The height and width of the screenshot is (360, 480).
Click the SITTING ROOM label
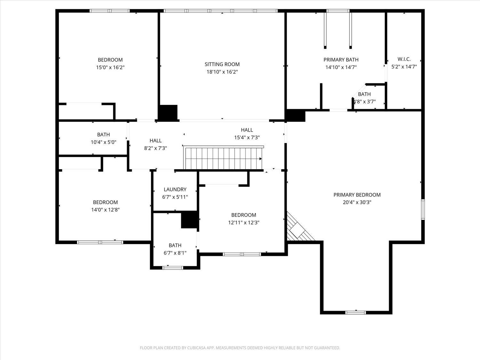222,64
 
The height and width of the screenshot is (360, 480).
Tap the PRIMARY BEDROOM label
357,195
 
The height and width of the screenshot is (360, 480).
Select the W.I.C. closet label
404,59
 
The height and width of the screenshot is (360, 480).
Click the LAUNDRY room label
175,189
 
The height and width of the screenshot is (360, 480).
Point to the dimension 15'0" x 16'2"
110,68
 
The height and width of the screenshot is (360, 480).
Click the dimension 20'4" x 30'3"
357,202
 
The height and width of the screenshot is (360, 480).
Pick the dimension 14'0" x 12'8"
105,210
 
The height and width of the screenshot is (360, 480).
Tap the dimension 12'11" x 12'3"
244,223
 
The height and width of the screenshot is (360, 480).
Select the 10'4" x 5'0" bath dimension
103,142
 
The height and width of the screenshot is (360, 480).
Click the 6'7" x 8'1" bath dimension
175,253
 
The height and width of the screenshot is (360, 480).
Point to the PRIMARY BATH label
341,60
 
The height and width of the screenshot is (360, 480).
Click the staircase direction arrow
260,159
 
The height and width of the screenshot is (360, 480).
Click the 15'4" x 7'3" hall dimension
247,137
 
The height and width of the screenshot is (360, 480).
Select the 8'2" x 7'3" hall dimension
156,148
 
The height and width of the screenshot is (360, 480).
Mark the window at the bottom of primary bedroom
356,312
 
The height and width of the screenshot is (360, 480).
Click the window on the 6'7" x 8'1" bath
173,268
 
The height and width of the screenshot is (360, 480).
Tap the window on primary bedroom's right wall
423,209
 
